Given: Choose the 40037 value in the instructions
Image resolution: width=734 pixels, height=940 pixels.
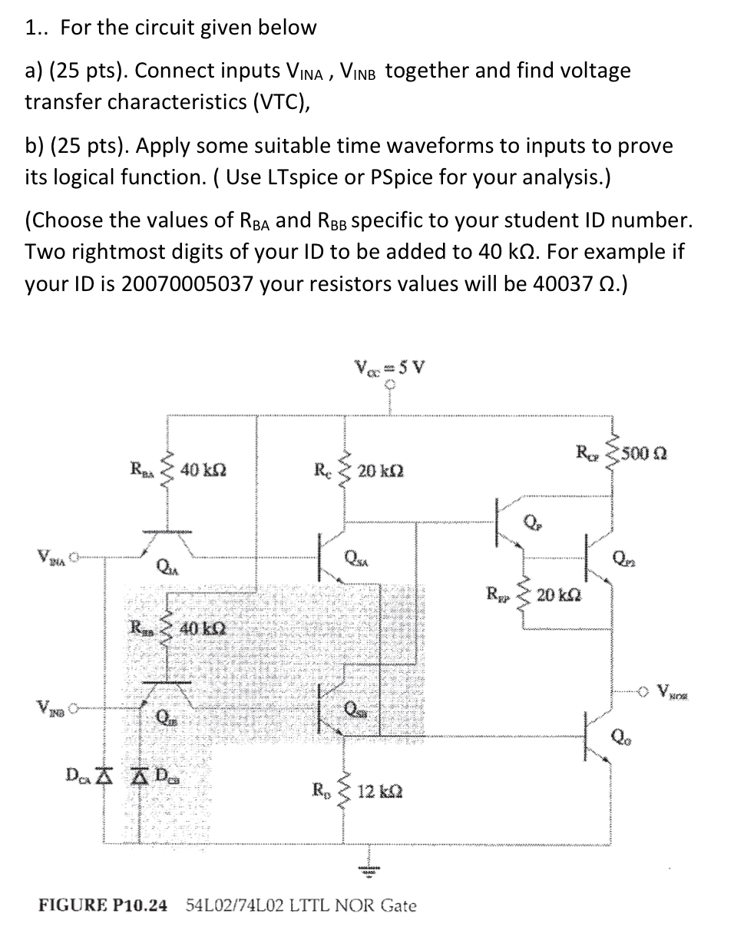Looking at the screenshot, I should point(554,283).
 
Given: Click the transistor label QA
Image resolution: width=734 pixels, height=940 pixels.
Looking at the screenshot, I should point(164,568).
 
